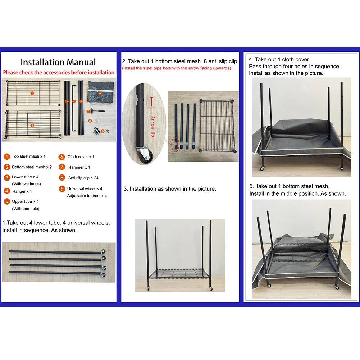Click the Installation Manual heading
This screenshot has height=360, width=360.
point(58,62)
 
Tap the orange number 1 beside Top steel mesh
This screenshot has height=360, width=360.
point(7,156)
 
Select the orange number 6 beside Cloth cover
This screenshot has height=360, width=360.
point(61,157)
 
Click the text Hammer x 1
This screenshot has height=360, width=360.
point(79,167)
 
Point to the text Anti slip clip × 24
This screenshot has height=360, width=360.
point(83,178)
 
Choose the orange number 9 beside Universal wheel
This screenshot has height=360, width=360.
point(61,188)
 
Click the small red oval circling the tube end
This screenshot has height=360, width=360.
point(175,144)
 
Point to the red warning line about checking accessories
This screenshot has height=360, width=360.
point(59,73)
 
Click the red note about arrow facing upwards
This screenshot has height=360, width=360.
point(176,68)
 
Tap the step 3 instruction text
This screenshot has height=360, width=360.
point(170,189)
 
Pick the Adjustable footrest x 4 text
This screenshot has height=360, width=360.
point(87,196)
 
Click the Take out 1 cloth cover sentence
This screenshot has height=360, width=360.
point(279,60)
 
